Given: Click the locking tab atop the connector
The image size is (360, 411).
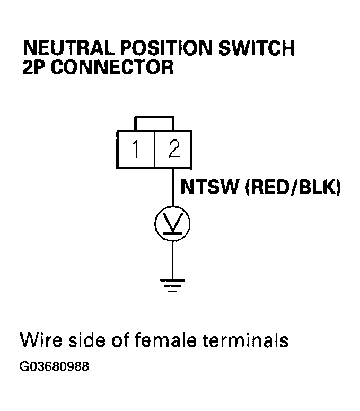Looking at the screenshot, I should pos(154,123).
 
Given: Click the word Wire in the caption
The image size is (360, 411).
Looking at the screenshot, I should pos(39,339).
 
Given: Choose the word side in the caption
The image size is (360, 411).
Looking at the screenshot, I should pos(85,339).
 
